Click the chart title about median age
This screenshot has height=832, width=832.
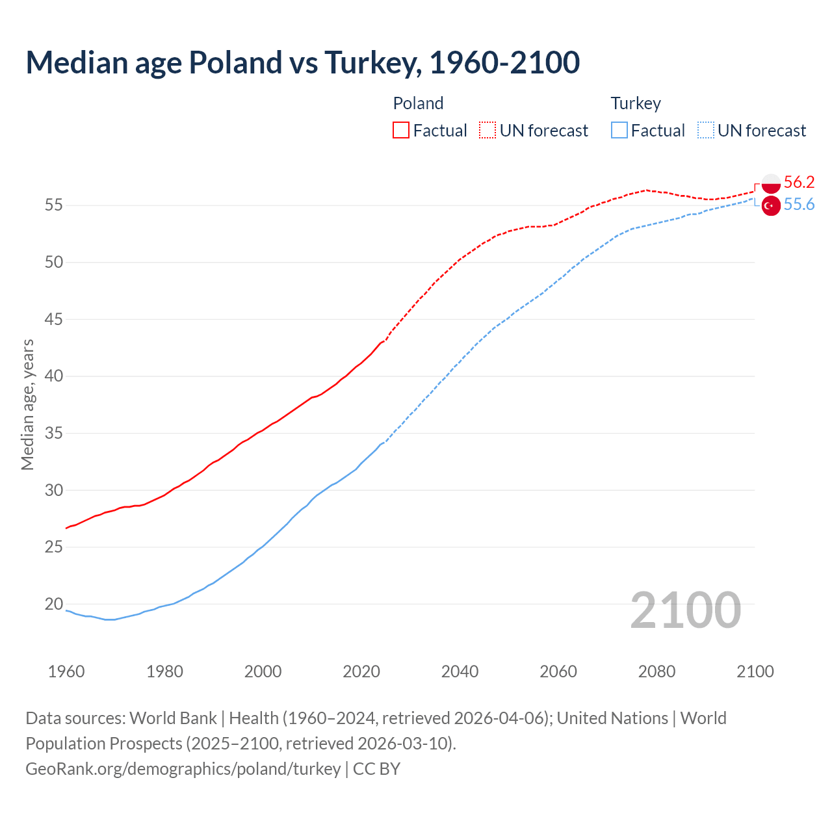(x=302, y=62)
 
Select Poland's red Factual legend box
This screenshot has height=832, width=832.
(x=401, y=131)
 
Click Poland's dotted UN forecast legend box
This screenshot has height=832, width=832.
(x=487, y=131)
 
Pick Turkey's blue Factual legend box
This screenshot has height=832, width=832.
(x=619, y=131)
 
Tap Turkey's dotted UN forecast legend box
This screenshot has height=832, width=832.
(x=706, y=131)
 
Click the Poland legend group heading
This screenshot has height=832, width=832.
(x=418, y=103)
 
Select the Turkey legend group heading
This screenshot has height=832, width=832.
(x=636, y=103)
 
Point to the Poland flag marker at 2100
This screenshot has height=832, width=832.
(x=771, y=183)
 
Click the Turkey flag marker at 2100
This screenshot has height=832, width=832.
(x=771, y=205)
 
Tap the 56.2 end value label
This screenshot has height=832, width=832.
(x=799, y=182)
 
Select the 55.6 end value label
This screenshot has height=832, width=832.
(x=799, y=205)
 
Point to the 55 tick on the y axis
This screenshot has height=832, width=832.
(x=54, y=205)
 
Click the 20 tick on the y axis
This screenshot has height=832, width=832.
(x=54, y=604)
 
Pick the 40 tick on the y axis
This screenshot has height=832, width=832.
(x=54, y=376)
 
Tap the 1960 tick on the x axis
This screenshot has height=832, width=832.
(x=66, y=671)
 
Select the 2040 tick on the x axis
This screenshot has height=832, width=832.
(x=460, y=671)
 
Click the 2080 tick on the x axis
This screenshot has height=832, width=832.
(x=656, y=671)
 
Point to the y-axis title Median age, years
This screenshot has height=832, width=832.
(x=27, y=404)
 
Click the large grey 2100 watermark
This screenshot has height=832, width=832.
(x=685, y=610)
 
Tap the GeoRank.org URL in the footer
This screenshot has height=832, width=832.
(x=183, y=769)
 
